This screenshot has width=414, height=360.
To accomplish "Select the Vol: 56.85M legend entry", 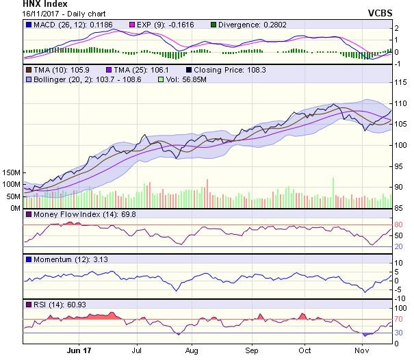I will click(x=184, y=81).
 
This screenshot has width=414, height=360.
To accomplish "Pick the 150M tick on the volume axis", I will click(x=12, y=172).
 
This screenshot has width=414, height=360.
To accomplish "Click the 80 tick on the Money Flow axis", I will click(x=399, y=225).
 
